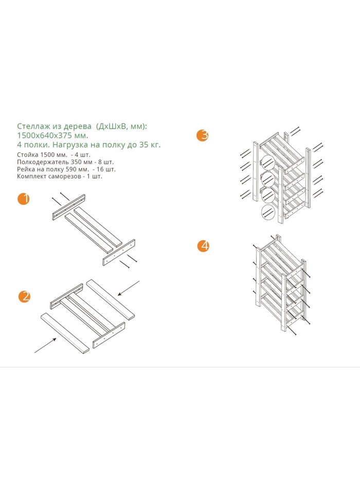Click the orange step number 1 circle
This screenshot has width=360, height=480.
tap(24, 199)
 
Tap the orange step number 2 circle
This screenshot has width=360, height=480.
tap(24, 296)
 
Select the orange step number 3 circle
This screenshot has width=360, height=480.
tap(203, 135)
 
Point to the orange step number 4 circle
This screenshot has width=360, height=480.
tap(203, 246)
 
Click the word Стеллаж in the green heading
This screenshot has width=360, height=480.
tap(31, 126)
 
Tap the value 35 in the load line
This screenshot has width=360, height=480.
tap(143, 145)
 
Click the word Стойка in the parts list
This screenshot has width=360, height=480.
tap(28, 155)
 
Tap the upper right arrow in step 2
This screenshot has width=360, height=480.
tap(129, 288)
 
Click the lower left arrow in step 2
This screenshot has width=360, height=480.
tap(46, 345)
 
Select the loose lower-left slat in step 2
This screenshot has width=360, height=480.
tap(65, 333)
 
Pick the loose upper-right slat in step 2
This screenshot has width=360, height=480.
tap(111, 300)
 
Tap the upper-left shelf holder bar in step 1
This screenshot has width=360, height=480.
tap(68, 207)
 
